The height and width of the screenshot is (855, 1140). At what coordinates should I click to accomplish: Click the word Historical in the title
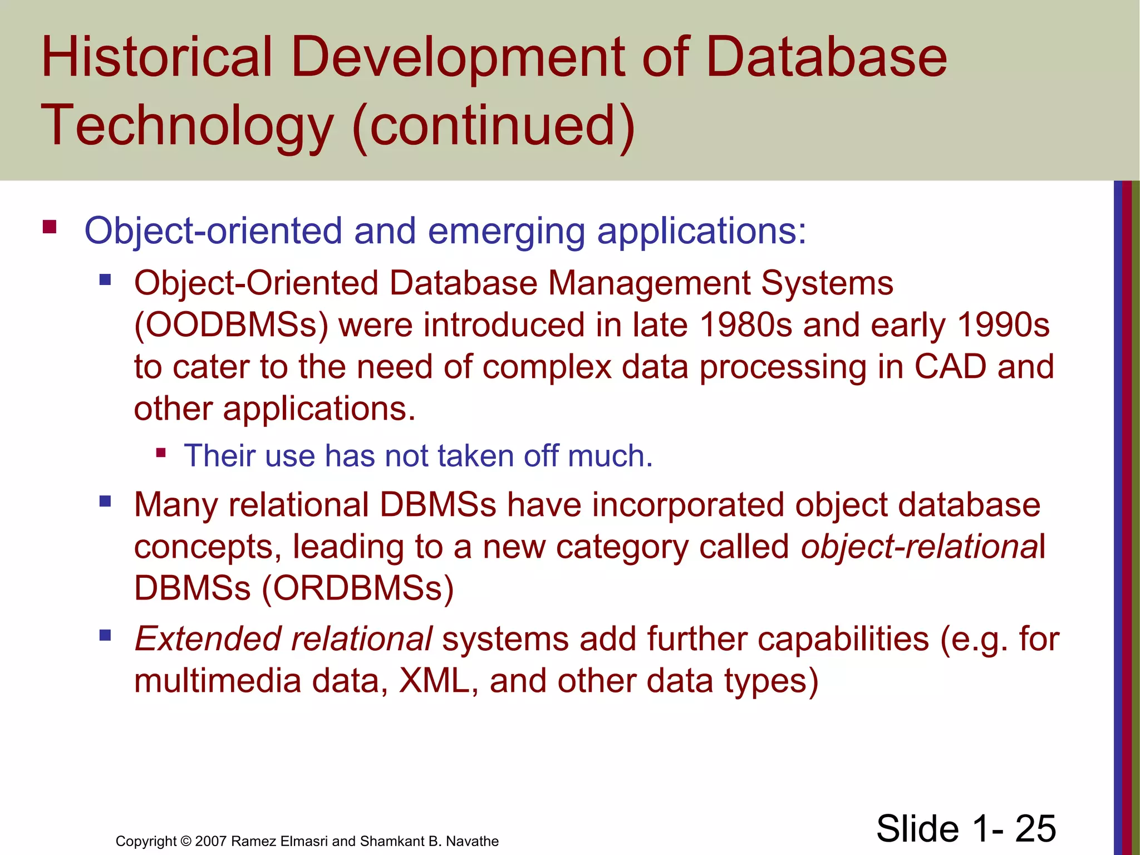[x=156, y=57]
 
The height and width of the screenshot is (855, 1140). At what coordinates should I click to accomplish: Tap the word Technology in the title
[x=186, y=126]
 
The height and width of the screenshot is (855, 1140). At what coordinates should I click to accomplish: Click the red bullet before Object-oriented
[x=50, y=227]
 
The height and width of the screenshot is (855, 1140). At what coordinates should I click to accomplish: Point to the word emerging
[x=506, y=232]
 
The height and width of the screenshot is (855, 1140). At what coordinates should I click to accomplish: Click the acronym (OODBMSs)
[x=232, y=325]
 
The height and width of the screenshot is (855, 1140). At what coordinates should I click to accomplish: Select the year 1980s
[x=745, y=325]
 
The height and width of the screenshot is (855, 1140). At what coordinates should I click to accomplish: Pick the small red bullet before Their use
[x=161, y=453]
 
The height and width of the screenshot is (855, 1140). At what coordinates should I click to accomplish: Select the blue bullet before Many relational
[x=105, y=502]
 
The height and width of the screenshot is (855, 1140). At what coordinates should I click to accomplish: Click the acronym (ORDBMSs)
[x=358, y=588]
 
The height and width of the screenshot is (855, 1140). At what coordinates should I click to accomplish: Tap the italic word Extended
[x=208, y=638]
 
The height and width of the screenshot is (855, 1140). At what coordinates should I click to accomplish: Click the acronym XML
[x=434, y=681]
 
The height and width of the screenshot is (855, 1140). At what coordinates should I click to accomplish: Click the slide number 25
[x=1035, y=828]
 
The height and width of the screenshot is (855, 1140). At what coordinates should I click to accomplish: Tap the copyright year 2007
[x=211, y=841]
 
